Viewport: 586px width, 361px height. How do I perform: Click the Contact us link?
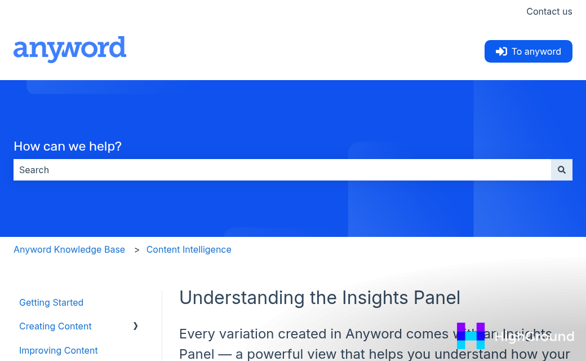[549, 11]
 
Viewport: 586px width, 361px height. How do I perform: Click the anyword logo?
[70, 50]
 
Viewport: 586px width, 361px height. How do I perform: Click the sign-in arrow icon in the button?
[501, 51]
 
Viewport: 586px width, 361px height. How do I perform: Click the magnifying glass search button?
[561, 170]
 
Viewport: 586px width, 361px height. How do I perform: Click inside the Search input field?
[282, 170]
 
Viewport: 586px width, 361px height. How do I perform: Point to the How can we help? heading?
[68, 147]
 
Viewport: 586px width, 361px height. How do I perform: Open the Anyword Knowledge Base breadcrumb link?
[69, 249]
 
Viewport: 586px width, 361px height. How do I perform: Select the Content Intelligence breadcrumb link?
[189, 249]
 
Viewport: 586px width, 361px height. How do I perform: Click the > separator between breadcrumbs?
[136, 249]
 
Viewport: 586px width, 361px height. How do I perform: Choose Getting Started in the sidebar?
[51, 302]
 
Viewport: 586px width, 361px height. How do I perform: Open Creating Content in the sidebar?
[55, 326]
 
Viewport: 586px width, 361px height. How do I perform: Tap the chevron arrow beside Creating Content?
[135, 326]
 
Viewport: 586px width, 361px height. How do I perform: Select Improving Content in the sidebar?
[59, 350]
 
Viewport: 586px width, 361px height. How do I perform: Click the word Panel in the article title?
[437, 297]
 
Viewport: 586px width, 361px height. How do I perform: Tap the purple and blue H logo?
[470, 336]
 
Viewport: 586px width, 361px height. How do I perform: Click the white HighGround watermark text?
[534, 337]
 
